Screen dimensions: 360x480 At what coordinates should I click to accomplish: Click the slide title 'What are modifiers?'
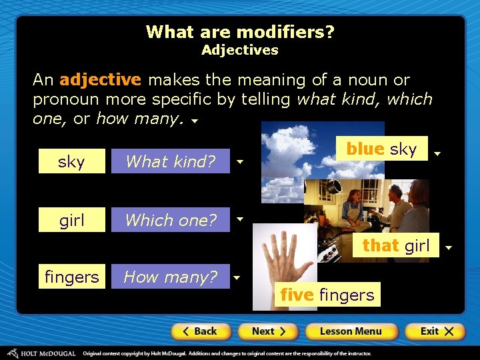pos(240,32)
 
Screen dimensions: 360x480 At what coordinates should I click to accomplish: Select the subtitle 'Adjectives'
pos(240,50)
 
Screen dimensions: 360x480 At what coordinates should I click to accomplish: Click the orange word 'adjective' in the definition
pos(100,80)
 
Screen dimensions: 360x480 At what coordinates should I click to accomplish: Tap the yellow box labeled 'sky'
pos(72,161)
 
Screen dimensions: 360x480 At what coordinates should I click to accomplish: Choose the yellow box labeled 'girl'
pos(72,219)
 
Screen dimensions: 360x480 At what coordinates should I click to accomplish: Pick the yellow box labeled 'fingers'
pos(72,276)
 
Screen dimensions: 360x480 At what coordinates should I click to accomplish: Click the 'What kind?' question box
pos(171,161)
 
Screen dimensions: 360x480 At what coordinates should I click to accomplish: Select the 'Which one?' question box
pos(171,219)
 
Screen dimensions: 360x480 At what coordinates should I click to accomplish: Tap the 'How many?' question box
pos(171,276)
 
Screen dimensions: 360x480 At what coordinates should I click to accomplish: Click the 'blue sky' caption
pos(381,149)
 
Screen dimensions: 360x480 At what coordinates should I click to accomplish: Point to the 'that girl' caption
pos(396,245)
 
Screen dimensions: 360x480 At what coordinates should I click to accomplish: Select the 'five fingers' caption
pos(327,295)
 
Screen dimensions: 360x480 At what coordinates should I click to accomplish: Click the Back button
pos(201,331)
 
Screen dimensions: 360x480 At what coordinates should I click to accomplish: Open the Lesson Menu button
pos(351,331)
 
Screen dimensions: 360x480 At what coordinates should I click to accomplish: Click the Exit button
pos(434,331)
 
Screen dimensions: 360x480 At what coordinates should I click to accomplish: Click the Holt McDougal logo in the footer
pos(40,353)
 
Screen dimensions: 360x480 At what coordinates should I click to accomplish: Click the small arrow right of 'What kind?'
pos(240,162)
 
